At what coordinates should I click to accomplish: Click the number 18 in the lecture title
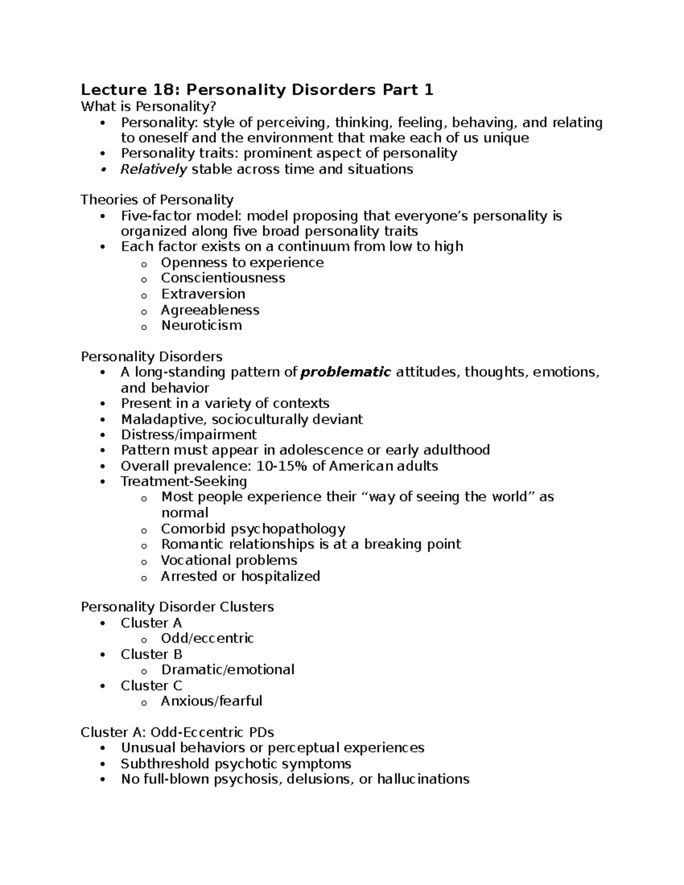166,90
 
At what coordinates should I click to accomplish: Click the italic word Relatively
153,169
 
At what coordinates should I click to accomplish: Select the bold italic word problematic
345,372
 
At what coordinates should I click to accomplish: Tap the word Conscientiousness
223,278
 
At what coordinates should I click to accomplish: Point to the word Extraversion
203,294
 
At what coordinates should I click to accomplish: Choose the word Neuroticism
201,325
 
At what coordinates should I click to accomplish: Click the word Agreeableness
210,310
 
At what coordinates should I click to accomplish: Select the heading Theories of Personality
157,199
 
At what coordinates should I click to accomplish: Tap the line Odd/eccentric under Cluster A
207,638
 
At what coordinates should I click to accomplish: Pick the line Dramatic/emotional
227,670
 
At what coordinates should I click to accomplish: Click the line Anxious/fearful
211,701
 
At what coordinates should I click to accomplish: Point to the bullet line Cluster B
151,654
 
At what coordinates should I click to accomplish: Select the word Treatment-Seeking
184,482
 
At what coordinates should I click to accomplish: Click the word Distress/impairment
189,435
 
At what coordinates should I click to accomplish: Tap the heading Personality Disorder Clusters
177,607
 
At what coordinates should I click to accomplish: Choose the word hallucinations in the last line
423,779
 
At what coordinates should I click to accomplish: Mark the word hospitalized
280,576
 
